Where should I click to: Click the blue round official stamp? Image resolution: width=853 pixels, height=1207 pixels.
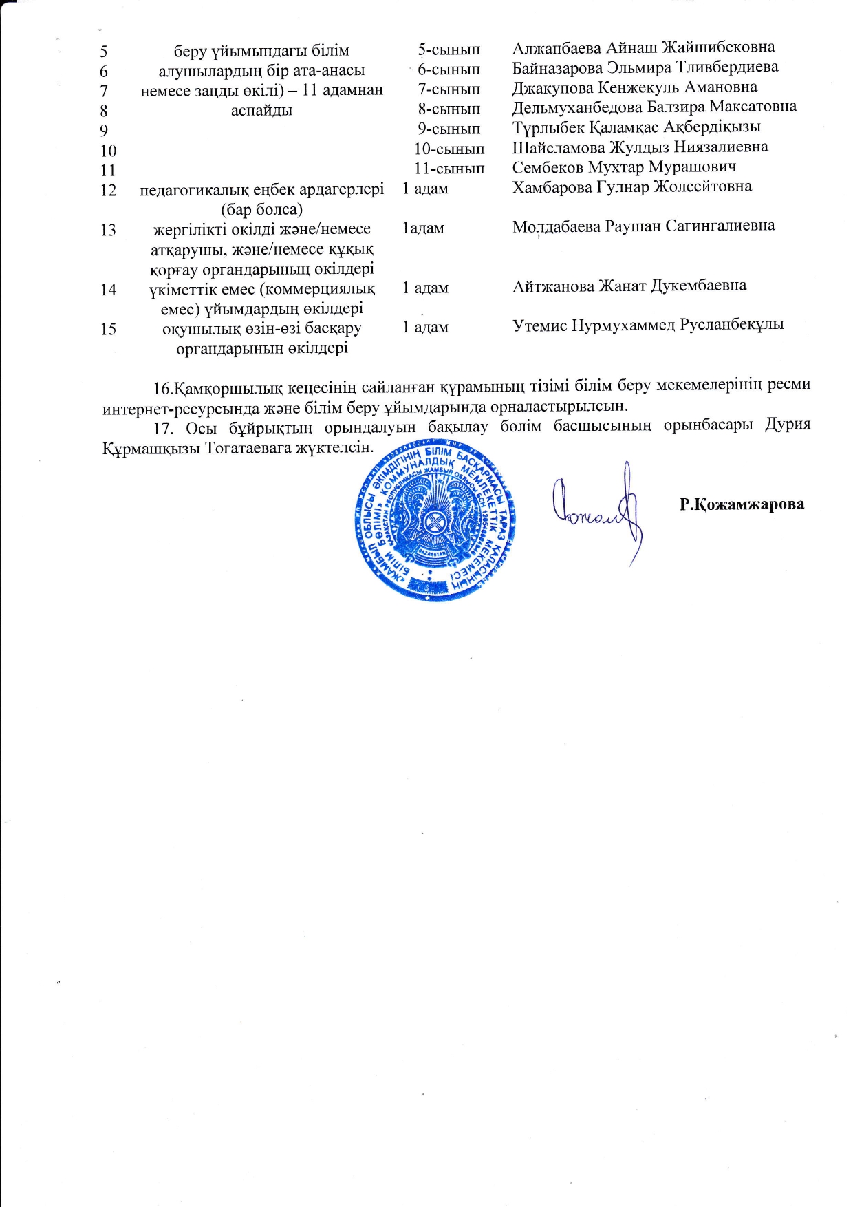[435, 522]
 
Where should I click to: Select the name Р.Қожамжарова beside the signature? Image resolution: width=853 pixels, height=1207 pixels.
[742, 504]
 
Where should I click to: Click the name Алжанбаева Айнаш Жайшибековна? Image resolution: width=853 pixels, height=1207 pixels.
[643, 47]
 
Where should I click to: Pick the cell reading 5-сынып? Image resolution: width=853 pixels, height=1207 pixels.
[449, 50]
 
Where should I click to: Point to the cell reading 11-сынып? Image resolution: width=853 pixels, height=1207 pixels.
[449, 169]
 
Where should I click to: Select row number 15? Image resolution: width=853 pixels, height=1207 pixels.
[108, 329]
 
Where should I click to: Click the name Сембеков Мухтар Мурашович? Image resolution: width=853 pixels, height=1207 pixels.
[624, 167]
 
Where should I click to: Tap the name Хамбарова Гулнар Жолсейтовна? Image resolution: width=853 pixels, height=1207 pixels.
[631, 186]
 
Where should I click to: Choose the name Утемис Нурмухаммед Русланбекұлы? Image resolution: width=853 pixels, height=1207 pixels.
[648, 325]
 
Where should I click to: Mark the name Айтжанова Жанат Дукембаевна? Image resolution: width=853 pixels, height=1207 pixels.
[629, 286]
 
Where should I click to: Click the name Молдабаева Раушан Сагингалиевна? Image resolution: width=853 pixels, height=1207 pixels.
[643, 226]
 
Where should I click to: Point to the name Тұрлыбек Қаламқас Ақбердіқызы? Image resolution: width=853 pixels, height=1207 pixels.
[636, 127]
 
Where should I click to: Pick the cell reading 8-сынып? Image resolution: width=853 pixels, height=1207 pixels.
[449, 109]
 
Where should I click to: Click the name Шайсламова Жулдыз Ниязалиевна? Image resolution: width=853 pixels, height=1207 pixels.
[640, 147]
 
